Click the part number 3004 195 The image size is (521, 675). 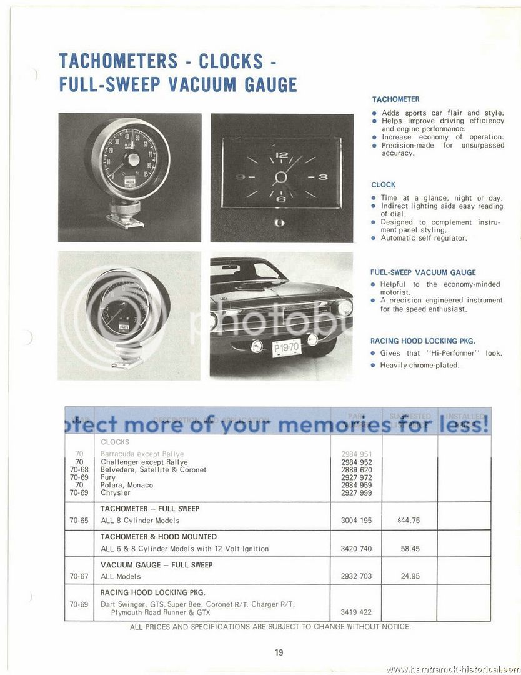[x=356, y=521]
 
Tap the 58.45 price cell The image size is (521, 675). [x=410, y=549]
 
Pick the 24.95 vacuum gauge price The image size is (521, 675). [x=410, y=576]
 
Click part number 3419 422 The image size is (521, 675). [x=356, y=612]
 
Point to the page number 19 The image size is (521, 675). [x=279, y=653]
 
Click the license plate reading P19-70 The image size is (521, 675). [x=285, y=347]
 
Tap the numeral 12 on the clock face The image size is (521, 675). [x=282, y=154]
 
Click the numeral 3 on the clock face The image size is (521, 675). [x=322, y=177]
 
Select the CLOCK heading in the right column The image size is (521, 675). [x=383, y=185]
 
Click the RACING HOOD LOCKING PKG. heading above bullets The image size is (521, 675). [x=422, y=341]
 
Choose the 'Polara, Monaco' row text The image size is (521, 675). [x=127, y=485]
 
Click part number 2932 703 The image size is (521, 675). [x=356, y=576]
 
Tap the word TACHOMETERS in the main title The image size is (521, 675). [x=119, y=61]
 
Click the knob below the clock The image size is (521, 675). [x=280, y=222]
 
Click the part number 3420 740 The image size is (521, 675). [x=356, y=549]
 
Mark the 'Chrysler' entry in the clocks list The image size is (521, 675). [x=116, y=492]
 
